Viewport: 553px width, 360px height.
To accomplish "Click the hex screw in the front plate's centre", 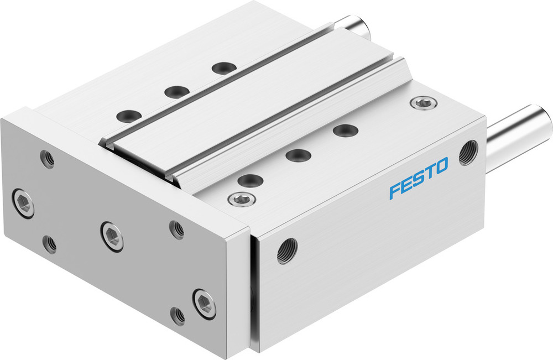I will pos(112,236).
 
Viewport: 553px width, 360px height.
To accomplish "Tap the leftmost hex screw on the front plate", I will pos(23,202).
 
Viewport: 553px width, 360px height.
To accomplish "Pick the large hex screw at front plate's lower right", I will pos(204,302).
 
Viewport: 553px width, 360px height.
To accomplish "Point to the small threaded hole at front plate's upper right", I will pos(176,228).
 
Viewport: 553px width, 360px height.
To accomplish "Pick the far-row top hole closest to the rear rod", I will pos(224,68).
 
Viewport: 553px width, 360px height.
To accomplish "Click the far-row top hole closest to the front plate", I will pos(128,116).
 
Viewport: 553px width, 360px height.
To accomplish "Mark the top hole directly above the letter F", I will pos(345,131).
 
